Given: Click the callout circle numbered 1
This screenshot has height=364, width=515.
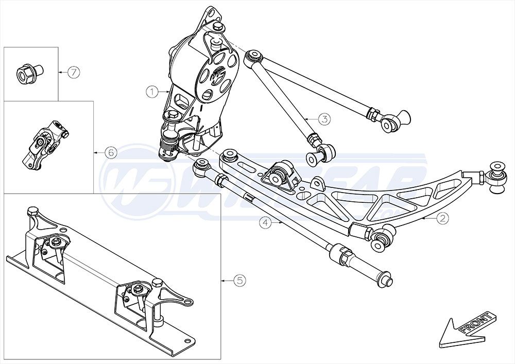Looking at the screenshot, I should [x=151, y=92].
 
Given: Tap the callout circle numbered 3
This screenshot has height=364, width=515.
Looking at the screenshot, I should [x=324, y=119].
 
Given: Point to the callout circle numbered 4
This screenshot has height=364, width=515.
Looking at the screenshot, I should [x=265, y=223].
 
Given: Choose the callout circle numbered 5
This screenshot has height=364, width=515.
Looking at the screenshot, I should [x=239, y=281].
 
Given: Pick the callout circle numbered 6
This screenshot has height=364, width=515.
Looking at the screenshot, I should [x=110, y=152].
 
